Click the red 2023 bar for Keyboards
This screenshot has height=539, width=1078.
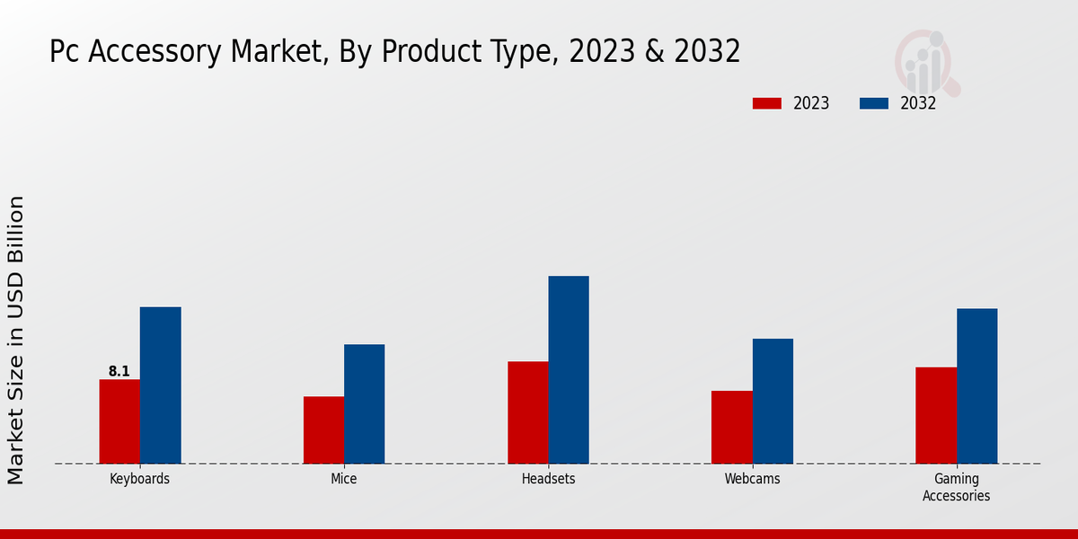click(x=119, y=421)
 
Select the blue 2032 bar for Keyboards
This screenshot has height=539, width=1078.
click(x=160, y=385)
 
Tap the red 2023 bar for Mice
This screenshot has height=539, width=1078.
click(x=323, y=430)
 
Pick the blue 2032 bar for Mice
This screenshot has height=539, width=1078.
click(x=364, y=404)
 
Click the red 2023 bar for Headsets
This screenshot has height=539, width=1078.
click(x=527, y=412)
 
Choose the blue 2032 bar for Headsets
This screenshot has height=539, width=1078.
click(x=569, y=370)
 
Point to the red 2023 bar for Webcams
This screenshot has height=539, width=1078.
click(x=731, y=427)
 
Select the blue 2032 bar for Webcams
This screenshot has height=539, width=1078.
click(x=773, y=401)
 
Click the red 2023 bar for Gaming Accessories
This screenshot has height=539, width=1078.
click(x=936, y=415)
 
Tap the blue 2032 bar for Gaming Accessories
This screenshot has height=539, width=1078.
click(x=976, y=386)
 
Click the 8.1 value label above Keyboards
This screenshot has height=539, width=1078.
click(x=119, y=371)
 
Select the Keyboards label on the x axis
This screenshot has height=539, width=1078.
click(x=139, y=479)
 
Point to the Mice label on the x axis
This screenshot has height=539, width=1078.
click(x=343, y=479)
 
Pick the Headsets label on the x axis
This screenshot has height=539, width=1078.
click(x=548, y=479)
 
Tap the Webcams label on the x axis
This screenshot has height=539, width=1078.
click(x=752, y=479)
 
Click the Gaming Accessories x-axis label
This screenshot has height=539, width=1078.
click(x=956, y=487)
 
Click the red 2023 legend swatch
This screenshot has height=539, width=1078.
click(x=767, y=103)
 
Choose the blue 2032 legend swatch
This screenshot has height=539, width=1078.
click(x=873, y=103)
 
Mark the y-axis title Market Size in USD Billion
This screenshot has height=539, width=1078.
click(x=17, y=340)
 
